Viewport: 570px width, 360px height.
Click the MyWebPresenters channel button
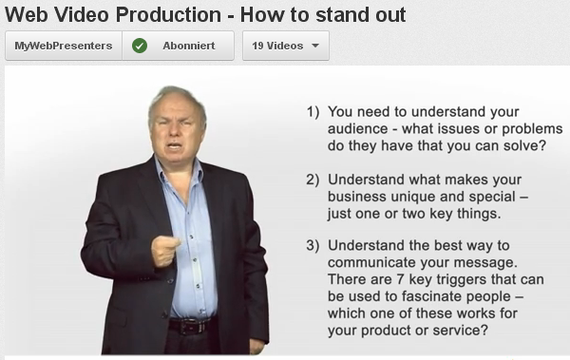63,46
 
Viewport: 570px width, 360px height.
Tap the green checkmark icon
140,46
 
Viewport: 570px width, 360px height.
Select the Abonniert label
189,46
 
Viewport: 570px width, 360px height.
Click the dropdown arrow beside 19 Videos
314,46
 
